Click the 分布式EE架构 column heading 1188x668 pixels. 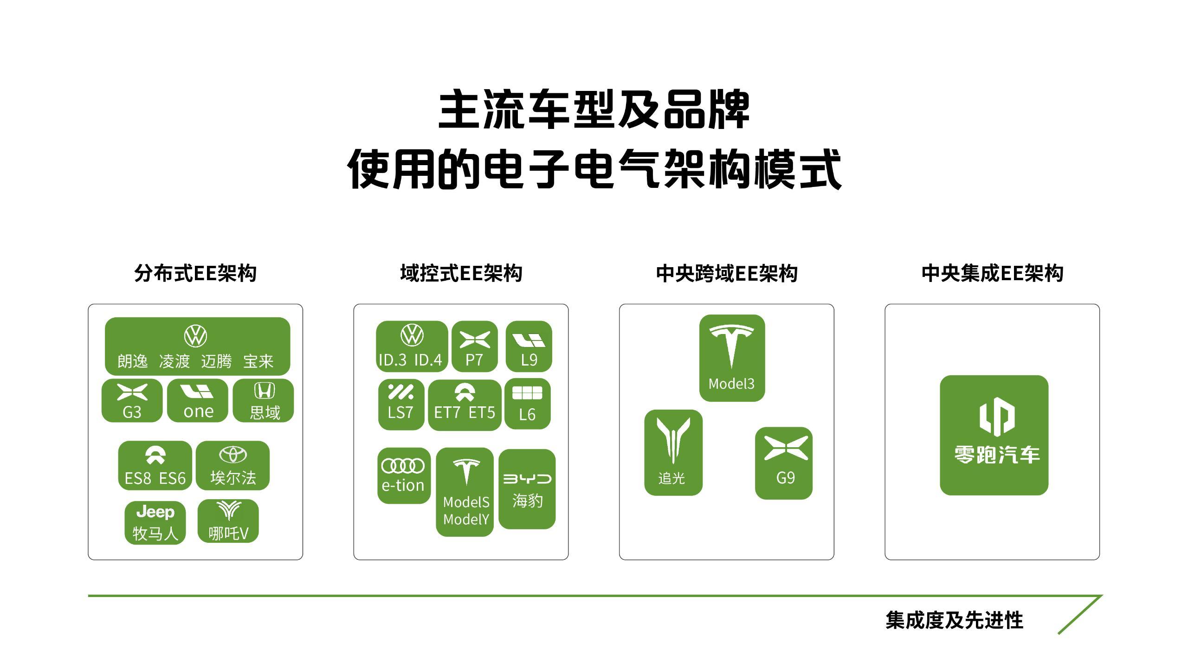point(195,273)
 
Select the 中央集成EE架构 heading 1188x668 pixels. point(992,273)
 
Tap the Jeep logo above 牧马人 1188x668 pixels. point(155,512)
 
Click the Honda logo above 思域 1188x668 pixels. point(264,391)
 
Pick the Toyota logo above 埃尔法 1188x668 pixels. point(232,455)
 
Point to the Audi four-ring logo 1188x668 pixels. point(403,466)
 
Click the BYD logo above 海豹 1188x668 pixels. point(527,479)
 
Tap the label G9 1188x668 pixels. point(785,477)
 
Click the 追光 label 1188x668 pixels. point(671,478)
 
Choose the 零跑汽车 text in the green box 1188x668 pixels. point(997,455)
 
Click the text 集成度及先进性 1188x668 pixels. point(954,620)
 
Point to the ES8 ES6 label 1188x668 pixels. point(155,478)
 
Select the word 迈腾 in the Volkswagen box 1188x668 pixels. point(216,361)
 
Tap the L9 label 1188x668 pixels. point(529,360)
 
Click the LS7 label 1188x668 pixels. point(400,412)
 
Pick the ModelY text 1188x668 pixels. point(466,519)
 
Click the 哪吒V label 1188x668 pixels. point(228,533)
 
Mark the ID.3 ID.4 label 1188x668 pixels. point(410,360)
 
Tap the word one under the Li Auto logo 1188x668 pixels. point(199,411)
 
